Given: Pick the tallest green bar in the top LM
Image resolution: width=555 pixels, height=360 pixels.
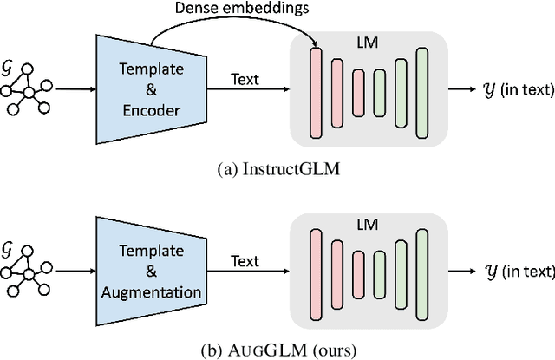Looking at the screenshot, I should (x=422, y=90).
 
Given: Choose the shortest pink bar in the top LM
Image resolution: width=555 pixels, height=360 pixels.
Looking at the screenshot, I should (x=358, y=90).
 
